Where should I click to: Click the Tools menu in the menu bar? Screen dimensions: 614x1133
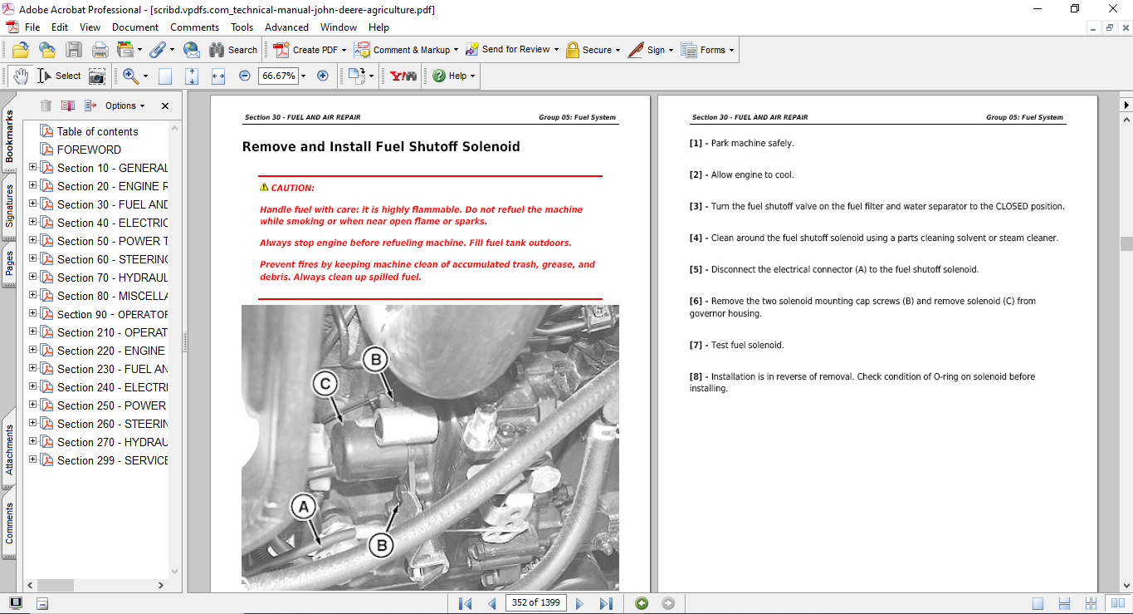click(242, 27)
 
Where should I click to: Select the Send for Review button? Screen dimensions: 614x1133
click(512, 50)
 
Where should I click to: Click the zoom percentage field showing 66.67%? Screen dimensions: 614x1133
click(278, 76)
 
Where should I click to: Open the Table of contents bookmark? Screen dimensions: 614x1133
click(97, 131)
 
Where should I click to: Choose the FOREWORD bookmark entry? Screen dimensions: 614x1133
click(89, 150)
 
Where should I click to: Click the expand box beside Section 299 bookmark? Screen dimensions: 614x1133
click(33, 459)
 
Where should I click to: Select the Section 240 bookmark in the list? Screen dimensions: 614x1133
click(112, 387)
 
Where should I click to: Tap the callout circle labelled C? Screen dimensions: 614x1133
click(325, 384)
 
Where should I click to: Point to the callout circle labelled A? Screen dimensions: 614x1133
click(304, 506)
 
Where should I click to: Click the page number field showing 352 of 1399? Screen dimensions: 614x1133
click(535, 603)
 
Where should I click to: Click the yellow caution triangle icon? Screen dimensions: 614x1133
click(264, 188)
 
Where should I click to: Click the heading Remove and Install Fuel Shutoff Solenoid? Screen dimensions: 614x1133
click(381, 147)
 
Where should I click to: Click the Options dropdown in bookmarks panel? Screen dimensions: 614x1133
click(125, 106)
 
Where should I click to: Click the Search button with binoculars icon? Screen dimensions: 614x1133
click(233, 50)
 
